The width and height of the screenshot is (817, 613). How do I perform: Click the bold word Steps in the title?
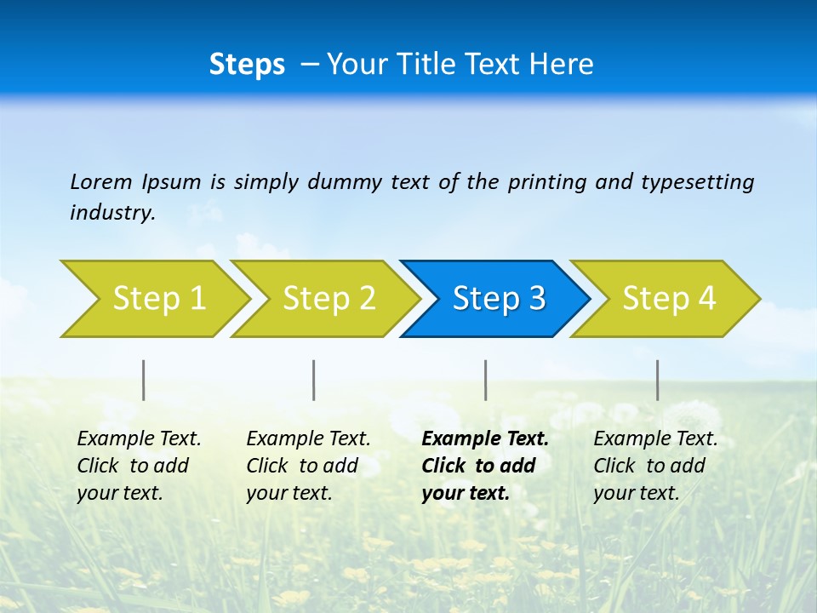(x=247, y=65)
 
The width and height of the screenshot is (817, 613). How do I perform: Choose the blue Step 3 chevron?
(x=499, y=299)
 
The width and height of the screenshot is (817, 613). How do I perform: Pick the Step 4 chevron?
(x=669, y=299)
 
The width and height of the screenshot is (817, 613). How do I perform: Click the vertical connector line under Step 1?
(x=144, y=380)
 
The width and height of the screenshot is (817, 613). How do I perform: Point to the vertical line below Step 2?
(x=314, y=380)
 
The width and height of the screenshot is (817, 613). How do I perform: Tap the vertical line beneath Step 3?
(x=486, y=380)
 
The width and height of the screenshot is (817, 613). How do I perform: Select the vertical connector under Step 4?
(x=658, y=380)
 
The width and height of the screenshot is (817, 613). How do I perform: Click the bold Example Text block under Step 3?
(x=484, y=466)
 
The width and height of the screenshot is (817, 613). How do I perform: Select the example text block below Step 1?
(x=139, y=466)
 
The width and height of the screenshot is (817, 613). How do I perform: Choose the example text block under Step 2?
(x=308, y=466)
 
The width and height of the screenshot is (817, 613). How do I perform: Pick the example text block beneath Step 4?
(x=655, y=466)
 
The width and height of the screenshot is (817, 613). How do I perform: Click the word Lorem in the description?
(x=100, y=181)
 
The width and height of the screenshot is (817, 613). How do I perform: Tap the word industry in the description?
(x=112, y=213)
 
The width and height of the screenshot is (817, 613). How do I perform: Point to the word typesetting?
(x=697, y=182)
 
